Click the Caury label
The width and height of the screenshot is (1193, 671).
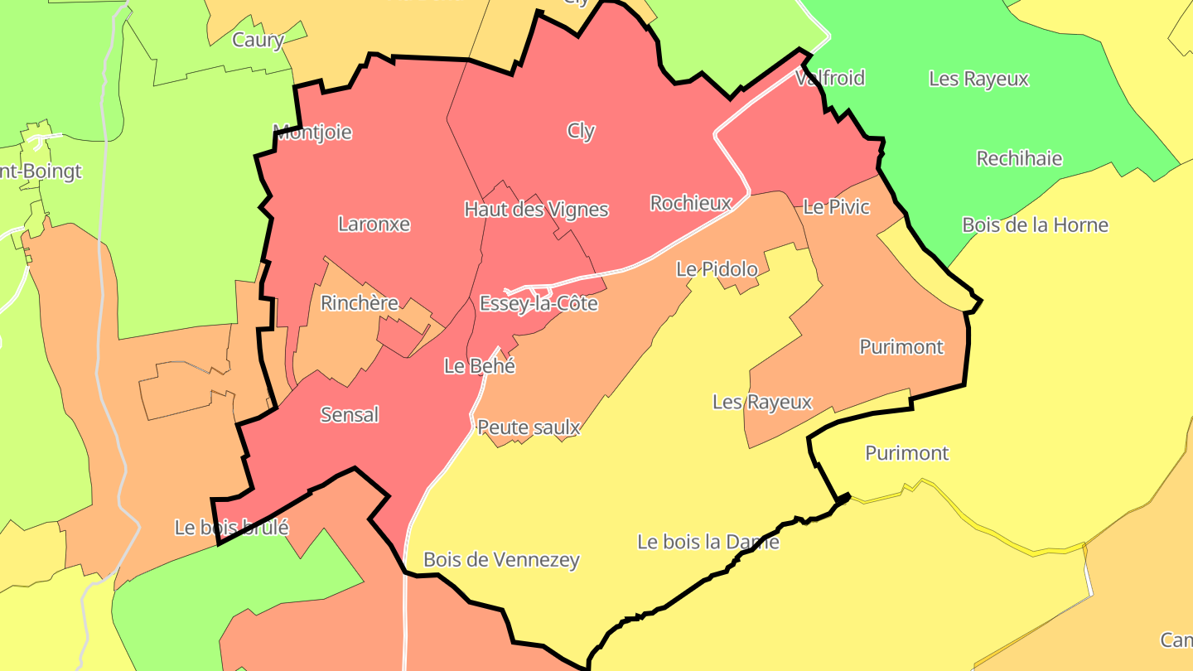pyautogui.click(x=258, y=40)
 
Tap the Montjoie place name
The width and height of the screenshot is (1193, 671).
pyautogui.click(x=312, y=132)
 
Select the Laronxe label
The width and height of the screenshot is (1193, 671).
pyautogui.click(x=374, y=224)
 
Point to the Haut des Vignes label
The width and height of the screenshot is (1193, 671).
pyautogui.click(x=536, y=210)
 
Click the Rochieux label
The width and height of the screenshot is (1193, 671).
pyautogui.click(x=691, y=203)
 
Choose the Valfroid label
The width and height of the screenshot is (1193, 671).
pyautogui.click(x=829, y=79)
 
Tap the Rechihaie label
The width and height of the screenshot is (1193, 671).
pyautogui.click(x=1019, y=158)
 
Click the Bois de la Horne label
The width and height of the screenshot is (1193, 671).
pyautogui.click(x=1035, y=224)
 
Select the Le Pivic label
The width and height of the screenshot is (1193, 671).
pyautogui.click(x=837, y=206)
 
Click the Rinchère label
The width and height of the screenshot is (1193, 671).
pyautogui.click(x=360, y=303)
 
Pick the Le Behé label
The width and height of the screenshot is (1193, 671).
pyautogui.click(x=480, y=365)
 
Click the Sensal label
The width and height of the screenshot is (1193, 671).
pyautogui.click(x=350, y=414)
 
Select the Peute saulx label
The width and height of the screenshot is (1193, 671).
pyautogui.click(x=529, y=427)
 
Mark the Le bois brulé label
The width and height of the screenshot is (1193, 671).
pyautogui.click(x=231, y=527)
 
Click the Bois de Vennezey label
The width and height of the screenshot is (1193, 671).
pyautogui.click(x=501, y=560)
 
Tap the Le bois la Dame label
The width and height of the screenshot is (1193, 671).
pyautogui.click(x=708, y=542)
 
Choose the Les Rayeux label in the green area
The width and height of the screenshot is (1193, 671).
pyautogui.click(x=978, y=80)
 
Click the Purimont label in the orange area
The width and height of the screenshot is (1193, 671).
pyautogui.click(x=901, y=347)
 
